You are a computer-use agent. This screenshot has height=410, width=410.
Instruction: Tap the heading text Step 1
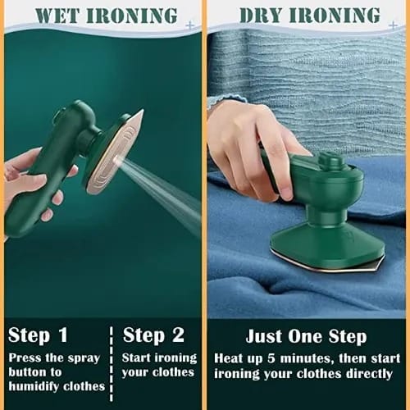tap(38, 335)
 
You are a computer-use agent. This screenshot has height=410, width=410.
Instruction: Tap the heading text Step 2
tap(153, 335)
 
